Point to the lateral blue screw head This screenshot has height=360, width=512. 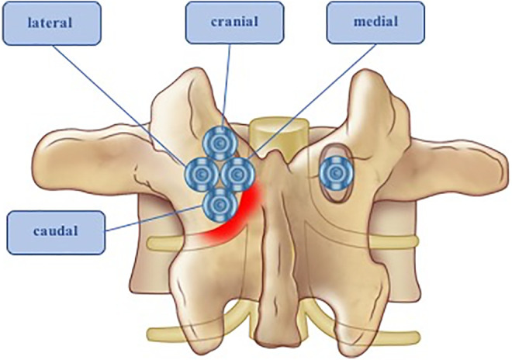200,171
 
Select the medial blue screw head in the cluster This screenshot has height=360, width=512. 238,171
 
